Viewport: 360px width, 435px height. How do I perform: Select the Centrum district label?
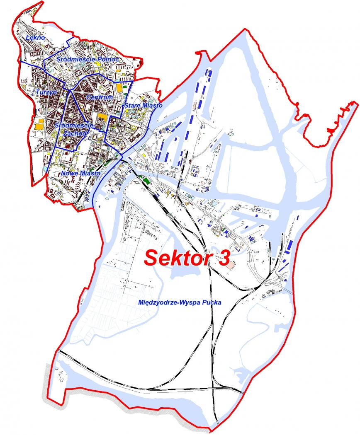(100, 97)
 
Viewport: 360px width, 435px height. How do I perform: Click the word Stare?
(132, 106)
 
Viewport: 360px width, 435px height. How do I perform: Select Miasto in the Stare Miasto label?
(152, 106)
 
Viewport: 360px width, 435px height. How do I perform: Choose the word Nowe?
(70, 173)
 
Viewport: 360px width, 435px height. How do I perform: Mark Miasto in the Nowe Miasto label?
(90, 173)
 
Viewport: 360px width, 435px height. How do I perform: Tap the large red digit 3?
(222, 257)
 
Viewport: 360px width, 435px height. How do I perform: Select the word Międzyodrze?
(158, 303)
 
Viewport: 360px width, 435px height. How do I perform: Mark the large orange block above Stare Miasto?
(120, 88)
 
